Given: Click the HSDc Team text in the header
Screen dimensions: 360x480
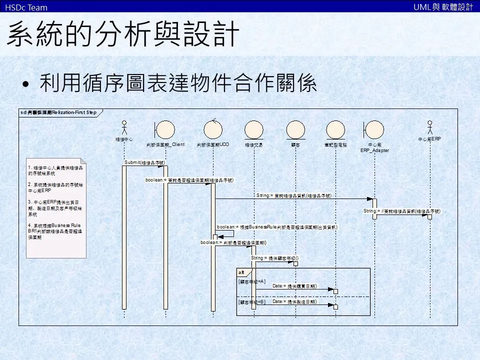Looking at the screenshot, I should [x=26, y=7].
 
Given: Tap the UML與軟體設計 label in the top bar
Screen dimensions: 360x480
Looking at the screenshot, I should [x=443, y=7].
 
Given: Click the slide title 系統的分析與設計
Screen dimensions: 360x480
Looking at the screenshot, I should [x=123, y=34].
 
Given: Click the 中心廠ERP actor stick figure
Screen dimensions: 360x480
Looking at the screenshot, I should [x=429, y=126].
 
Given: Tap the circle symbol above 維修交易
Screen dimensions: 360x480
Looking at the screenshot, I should [x=253, y=128].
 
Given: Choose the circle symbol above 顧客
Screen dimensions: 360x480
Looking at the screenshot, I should [x=295, y=128].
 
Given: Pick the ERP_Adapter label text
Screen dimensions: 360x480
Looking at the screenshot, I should [x=374, y=150].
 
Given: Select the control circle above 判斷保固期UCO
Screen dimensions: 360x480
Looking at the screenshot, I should [x=213, y=128].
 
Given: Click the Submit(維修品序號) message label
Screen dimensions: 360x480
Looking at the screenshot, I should [x=144, y=162].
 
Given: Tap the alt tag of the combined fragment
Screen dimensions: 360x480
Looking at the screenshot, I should [x=241, y=272].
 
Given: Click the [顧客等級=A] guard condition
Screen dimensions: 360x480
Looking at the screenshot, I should [x=251, y=282].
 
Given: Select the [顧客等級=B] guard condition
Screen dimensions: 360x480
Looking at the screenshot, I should [x=251, y=302].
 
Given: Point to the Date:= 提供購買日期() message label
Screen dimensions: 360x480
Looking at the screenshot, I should [x=295, y=286].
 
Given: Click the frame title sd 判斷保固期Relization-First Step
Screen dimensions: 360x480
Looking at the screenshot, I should [x=58, y=112].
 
